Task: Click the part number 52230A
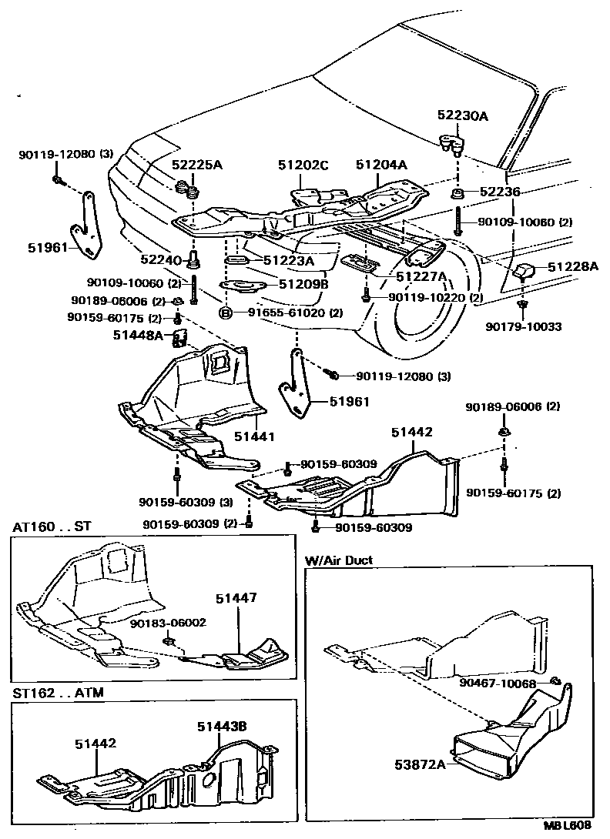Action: [x=462, y=116]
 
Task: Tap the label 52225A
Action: [x=196, y=165]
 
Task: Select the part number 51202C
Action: [x=303, y=165]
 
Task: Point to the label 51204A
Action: [x=382, y=165]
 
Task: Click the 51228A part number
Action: [x=573, y=267]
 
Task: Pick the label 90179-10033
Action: [x=524, y=326]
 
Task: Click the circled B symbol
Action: [x=226, y=313]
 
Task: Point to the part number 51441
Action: [x=255, y=437]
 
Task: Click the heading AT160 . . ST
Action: [x=52, y=527]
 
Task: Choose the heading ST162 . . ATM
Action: [x=58, y=693]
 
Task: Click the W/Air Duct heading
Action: [x=338, y=560]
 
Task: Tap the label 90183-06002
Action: [x=168, y=623]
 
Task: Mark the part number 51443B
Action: [x=221, y=725]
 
